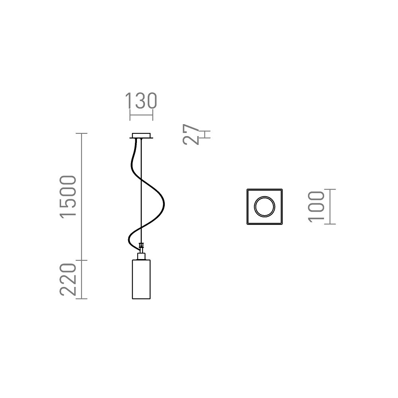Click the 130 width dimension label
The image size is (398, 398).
[x=141, y=101]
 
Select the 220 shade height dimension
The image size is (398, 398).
[x=68, y=279]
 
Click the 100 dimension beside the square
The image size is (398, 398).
[x=316, y=207]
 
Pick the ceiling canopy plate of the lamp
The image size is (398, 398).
[x=141, y=136]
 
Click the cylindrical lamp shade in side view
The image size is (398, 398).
[x=141, y=279]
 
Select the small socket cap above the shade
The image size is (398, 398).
[x=141, y=256]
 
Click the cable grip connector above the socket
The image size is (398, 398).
[x=141, y=247]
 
